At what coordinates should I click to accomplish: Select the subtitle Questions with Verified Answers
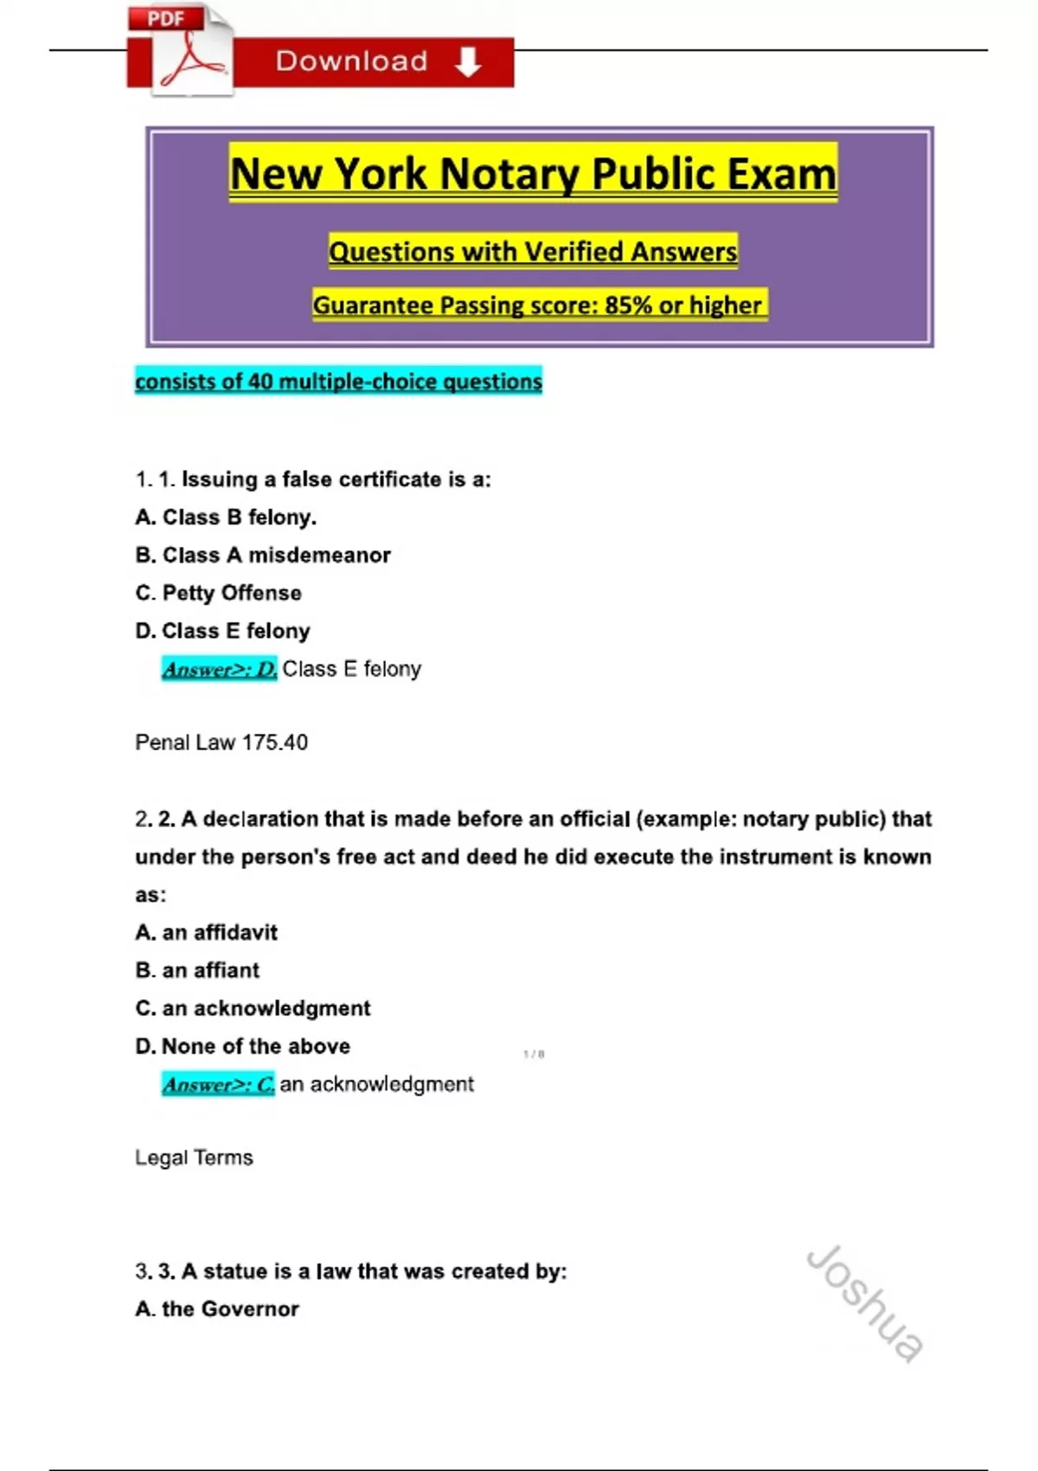(x=533, y=252)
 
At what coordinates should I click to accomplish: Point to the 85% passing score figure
(x=628, y=305)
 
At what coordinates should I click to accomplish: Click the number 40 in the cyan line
(x=260, y=382)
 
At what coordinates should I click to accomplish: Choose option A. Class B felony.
(x=226, y=517)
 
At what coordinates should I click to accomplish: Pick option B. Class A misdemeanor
(x=263, y=556)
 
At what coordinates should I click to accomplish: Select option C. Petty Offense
(x=219, y=594)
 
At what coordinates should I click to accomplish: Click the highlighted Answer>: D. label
(x=220, y=669)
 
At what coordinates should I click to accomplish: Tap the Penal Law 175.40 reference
(x=221, y=742)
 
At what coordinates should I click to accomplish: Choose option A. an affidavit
(x=207, y=933)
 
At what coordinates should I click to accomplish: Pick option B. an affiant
(x=197, y=971)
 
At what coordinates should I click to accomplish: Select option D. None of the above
(x=243, y=1047)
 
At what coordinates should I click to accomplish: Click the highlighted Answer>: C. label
(x=218, y=1084)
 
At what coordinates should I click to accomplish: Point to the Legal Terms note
(x=194, y=1158)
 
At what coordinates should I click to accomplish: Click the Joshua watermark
(x=864, y=1302)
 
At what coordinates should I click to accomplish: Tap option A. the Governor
(x=217, y=1309)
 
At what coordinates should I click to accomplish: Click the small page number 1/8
(x=534, y=1054)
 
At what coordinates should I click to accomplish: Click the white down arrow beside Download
(x=468, y=62)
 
